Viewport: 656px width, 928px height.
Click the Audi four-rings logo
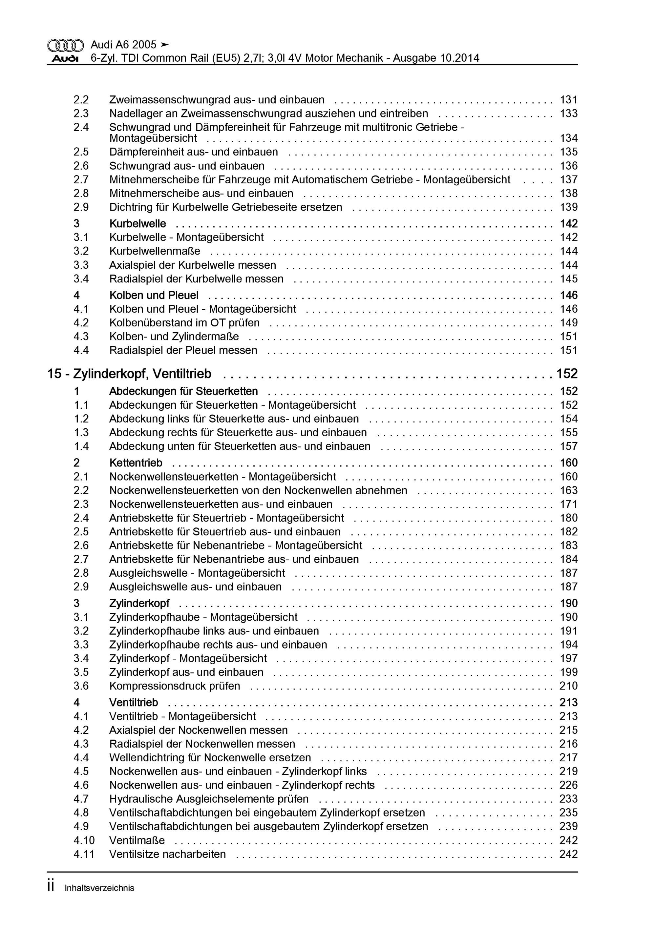[66, 45]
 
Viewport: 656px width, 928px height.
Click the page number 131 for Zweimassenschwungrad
[568, 100]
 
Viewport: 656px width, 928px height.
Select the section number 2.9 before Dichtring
[81, 207]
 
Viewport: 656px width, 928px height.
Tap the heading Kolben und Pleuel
[154, 296]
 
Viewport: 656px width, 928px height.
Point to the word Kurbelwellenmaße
[155, 251]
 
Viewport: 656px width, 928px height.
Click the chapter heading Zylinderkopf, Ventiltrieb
[142, 374]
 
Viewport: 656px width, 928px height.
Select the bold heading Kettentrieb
[136, 463]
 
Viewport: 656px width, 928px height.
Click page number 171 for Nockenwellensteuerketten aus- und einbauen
[568, 505]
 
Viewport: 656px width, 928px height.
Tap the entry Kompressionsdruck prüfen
[174, 686]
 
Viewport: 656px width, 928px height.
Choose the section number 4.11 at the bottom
[84, 854]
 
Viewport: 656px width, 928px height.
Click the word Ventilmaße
[137, 840]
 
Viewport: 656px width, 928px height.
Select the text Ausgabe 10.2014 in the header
[436, 58]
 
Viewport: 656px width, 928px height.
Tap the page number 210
[568, 686]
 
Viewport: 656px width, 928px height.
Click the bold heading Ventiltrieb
[134, 703]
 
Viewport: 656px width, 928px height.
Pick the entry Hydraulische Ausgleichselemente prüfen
[209, 799]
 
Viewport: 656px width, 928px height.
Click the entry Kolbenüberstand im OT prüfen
[184, 323]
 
